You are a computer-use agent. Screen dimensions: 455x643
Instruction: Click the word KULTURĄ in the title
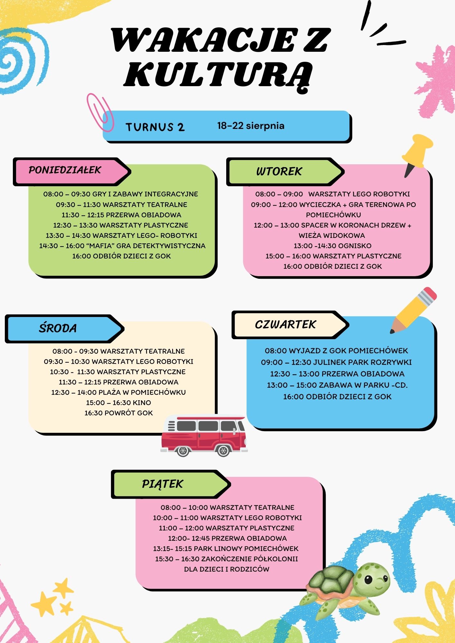coord(218,75)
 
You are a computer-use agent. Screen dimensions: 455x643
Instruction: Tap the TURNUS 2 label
coord(155,127)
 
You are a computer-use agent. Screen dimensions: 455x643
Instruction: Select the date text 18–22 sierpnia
coord(251,125)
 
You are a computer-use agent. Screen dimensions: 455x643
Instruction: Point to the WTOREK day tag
coord(285,172)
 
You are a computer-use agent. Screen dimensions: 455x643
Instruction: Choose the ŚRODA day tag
coord(64,329)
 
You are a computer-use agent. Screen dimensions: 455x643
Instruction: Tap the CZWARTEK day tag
coord(290,325)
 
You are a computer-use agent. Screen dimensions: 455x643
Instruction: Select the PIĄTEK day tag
coord(171,484)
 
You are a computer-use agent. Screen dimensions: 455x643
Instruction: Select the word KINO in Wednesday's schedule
coord(142,403)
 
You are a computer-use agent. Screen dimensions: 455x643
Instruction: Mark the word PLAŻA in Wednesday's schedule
coord(109,392)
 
